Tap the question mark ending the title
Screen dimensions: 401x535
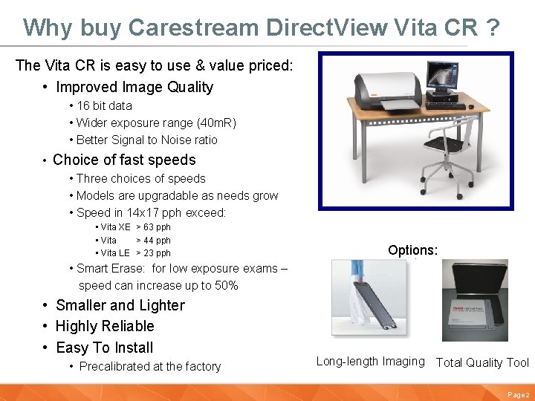point(491,27)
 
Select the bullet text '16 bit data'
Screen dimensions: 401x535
point(104,105)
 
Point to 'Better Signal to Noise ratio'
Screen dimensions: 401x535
point(146,140)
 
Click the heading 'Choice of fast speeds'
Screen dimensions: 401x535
point(124,160)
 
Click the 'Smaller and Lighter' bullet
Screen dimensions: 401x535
point(120,305)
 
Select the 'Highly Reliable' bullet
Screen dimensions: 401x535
point(105,326)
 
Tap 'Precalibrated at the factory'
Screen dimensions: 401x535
point(149,366)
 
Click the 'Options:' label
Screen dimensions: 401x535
point(412,250)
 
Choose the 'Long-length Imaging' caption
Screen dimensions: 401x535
point(370,362)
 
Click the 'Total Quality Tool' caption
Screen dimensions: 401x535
point(481,362)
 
